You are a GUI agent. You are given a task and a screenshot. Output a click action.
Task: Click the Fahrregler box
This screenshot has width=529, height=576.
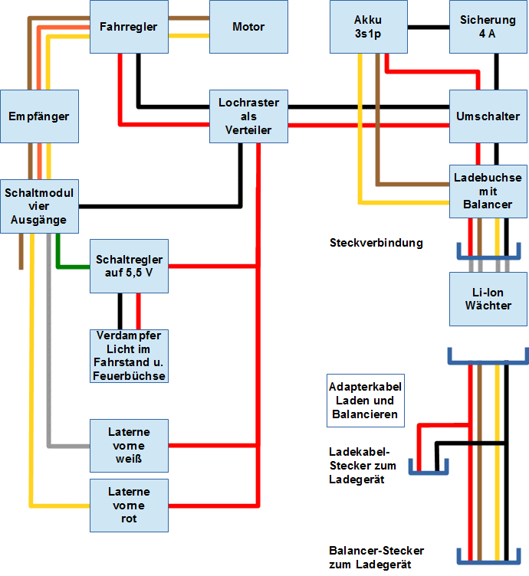click(x=128, y=27)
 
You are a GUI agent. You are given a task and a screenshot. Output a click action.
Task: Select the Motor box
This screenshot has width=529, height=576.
click(x=248, y=27)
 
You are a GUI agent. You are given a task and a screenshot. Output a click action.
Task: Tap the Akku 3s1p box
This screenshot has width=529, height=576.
click(x=368, y=27)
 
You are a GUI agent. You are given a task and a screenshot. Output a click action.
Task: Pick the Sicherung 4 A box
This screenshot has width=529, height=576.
click(x=488, y=27)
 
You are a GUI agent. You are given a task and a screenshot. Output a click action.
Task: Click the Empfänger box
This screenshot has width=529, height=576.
click(x=39, y=116)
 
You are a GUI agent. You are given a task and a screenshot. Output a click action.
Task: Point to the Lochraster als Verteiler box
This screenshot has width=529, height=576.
click(x=248, y=116)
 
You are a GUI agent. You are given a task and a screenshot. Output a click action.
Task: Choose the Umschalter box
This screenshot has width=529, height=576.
click(x=488, y=116)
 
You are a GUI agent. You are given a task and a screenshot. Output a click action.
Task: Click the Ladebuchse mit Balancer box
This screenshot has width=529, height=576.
click(x=488, y=191)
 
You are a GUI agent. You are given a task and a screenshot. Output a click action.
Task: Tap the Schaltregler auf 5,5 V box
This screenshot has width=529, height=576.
click(x=129, y=266)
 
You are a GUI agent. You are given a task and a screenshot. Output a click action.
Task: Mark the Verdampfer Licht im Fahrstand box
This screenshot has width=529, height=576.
click(x=129, y=355)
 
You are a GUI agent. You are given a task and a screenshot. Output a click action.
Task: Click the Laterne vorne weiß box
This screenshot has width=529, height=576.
click(x=129, y=445)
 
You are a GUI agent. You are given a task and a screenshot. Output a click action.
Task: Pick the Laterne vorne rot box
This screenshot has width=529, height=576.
click(x=129, y=506)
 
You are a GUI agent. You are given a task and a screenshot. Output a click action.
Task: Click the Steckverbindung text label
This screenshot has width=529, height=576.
click(x=376, y=244)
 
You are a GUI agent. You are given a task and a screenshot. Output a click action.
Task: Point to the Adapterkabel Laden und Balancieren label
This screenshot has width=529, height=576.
click(x=365, y=401)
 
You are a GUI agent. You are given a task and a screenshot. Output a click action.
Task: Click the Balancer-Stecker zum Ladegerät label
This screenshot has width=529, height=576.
click(x=376, y=558)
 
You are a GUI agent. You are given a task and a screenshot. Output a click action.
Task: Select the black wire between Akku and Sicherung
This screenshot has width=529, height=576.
click(x=427, y=28)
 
